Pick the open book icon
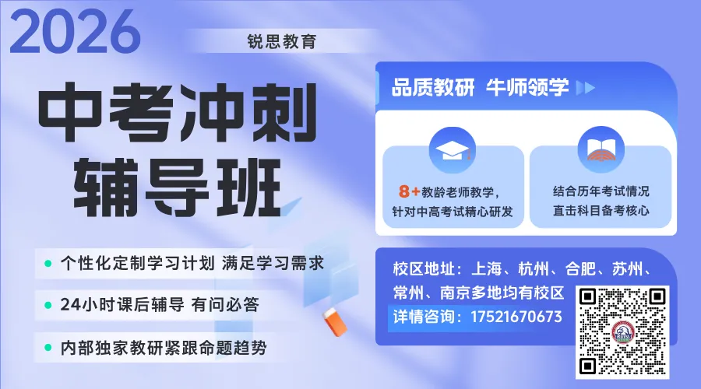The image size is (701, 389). click(600, 147)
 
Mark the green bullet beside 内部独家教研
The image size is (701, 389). click(48, 348)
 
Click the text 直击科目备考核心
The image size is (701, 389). click(601, 210)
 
